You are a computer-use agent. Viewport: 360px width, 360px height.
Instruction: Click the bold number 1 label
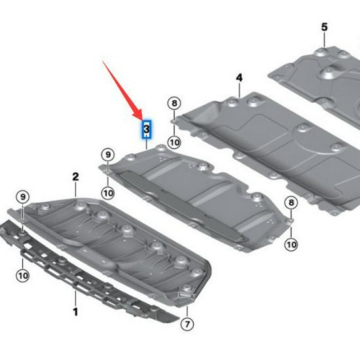(75, 312)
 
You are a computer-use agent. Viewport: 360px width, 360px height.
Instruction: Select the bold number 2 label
(75, 177)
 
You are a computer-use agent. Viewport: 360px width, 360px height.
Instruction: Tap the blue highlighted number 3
(147, 129)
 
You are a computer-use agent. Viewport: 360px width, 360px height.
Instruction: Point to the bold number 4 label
(239, 78)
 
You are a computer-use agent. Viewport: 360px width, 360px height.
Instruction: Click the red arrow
(120, 88)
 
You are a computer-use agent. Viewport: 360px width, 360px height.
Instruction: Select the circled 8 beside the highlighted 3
(173, 103)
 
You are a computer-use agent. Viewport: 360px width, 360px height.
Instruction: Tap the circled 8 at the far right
(291, 204)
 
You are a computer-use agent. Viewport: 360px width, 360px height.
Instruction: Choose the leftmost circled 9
(23, 196)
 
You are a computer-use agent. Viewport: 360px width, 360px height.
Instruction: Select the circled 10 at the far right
(291, 244)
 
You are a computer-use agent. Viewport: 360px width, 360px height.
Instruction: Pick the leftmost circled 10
(23, 276)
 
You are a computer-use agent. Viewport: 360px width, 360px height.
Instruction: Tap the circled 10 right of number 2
(108, 192)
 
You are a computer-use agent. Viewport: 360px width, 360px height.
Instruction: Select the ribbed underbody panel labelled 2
(118, 242)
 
